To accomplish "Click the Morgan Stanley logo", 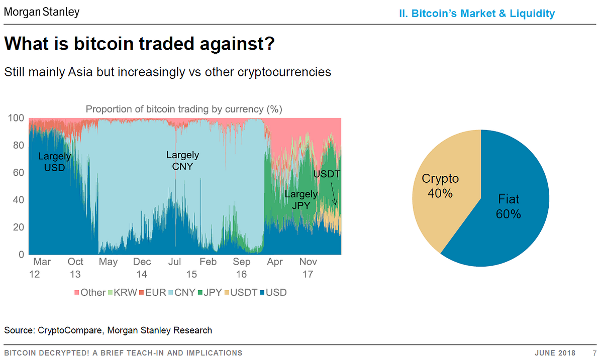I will [42, 11].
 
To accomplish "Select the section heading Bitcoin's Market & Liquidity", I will [476, 14].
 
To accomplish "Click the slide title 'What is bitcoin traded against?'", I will [139, 44].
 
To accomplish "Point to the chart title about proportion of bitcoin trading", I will [184, 109].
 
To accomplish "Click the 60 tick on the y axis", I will [18, 173].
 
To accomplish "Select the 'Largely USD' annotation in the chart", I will [54, 162].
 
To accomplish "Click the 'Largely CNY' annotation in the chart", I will [182, 160].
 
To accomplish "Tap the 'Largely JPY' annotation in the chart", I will [301, 199].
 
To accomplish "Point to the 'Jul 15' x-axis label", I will [174, 268].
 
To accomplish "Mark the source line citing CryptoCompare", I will [108, 330].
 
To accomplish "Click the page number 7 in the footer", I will [594, 353].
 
